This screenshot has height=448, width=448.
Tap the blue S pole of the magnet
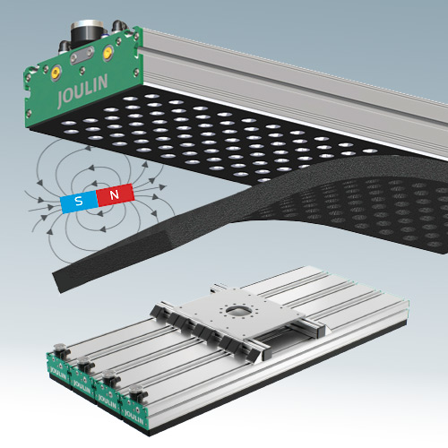80,199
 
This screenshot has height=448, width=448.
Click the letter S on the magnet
80,199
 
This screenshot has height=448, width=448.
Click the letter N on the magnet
115,194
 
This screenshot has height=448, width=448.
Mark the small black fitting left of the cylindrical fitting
66,44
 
